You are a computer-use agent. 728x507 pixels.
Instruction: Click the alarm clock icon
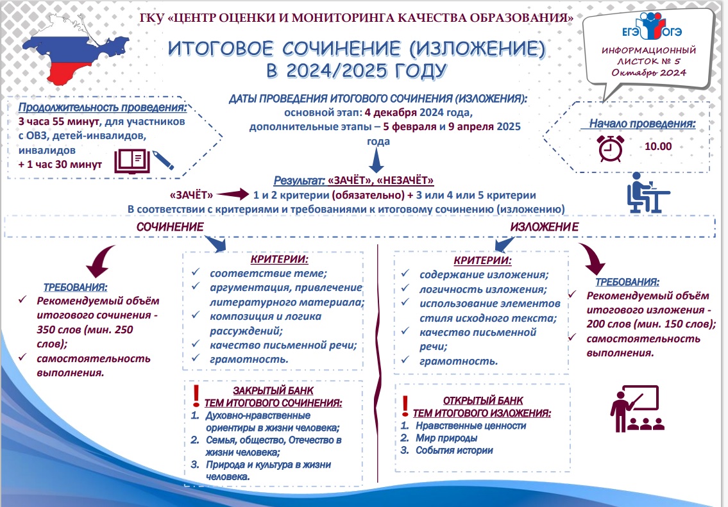point(610,147)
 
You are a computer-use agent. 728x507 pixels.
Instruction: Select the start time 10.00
point(658,146)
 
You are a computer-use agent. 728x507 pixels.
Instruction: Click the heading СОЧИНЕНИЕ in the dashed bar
point(170,227)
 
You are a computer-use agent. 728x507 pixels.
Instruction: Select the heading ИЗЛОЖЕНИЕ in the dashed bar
point(544,227)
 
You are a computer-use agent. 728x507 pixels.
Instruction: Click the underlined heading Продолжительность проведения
point(103,107)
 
